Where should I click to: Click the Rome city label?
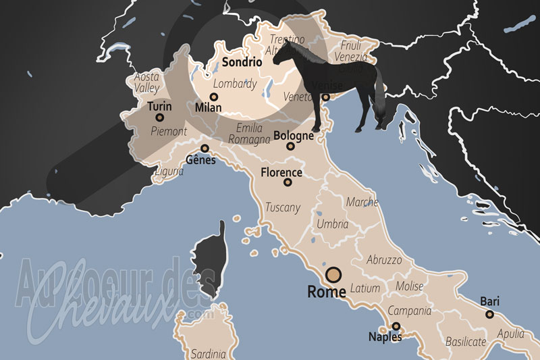[327, 292]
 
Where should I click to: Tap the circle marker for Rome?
[333, 275]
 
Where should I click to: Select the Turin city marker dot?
[160, 118]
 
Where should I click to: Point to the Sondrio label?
[242, 61]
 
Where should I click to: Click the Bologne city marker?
[290, 146]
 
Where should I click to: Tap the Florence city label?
[281, 172]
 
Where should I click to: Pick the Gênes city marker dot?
[205, 149]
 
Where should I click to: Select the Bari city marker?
[490, 314]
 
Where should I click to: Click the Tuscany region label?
[283, 207]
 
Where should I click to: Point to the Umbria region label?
[332, 224]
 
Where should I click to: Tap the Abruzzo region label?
[384, 259]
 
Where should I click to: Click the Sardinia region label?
[208, 353]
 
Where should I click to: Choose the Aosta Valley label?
[146, 82]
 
